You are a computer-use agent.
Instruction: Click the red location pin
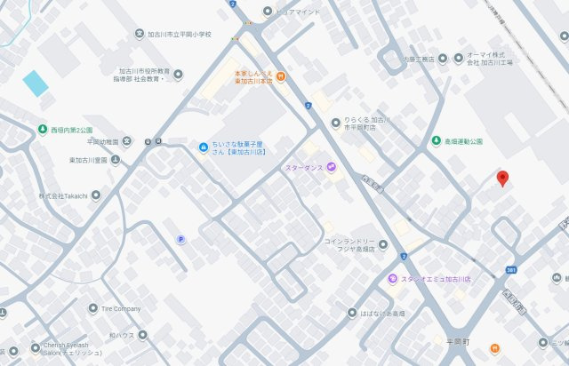click(501, 178)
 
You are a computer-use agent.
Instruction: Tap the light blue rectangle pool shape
click(36, 84)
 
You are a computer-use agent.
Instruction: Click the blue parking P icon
click(180, 238)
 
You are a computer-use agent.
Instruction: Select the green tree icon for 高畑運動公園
click(436, 141)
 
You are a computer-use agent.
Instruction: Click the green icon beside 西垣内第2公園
click(43, 131)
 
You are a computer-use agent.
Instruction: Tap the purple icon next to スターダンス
click(331, 167)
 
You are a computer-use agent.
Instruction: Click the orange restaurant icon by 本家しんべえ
click(279, 76)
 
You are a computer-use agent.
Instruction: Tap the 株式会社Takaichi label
click(62, 195)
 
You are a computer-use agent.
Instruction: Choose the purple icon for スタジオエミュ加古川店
click(391, 280)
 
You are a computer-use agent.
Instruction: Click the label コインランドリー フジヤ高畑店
click(355, 245)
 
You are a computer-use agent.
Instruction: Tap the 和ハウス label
click(122, 335)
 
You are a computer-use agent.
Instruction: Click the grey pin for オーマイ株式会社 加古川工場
click(458, 59)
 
